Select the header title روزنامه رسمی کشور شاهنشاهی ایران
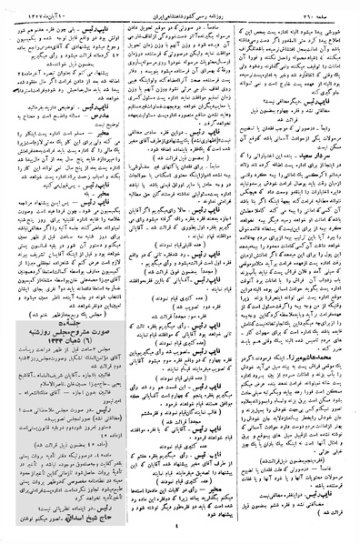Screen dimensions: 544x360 [182, 7]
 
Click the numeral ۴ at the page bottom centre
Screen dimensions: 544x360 [182, 536]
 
